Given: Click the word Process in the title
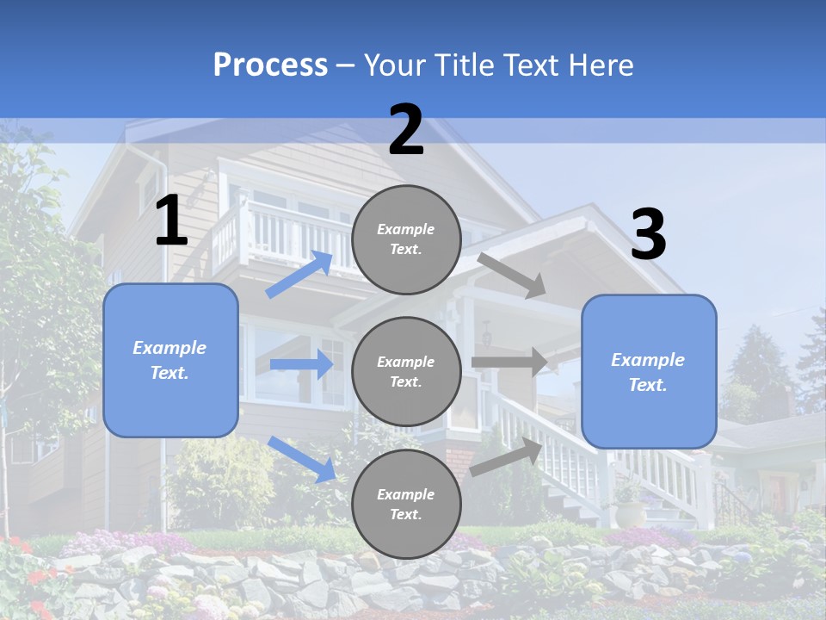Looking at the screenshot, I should click(x=270, y=65).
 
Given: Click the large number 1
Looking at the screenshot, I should click(x=171, y=221).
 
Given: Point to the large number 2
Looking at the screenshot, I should click(x=406, y=130).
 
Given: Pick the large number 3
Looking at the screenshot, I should click(x=648, y=235).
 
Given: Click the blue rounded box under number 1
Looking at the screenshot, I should click(x=170, y=360).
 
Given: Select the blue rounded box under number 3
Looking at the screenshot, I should click(x=649, y=372).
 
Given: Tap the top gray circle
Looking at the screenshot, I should click(x=406, y=239).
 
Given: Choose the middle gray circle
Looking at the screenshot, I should click(x=406, y=372).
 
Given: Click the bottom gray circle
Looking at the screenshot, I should click(x=406, y=505).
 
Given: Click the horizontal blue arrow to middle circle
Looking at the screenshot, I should click(x=301, y=364).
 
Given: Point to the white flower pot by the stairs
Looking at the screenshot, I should click(x=630, y=513).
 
